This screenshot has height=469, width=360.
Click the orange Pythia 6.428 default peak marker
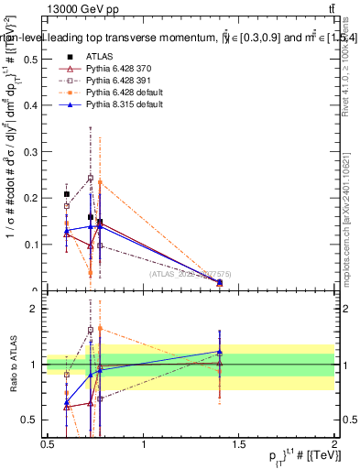(100, 182)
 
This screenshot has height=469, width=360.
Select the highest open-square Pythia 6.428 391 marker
(91, 178)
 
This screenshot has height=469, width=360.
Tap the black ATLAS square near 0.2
(67, 194)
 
